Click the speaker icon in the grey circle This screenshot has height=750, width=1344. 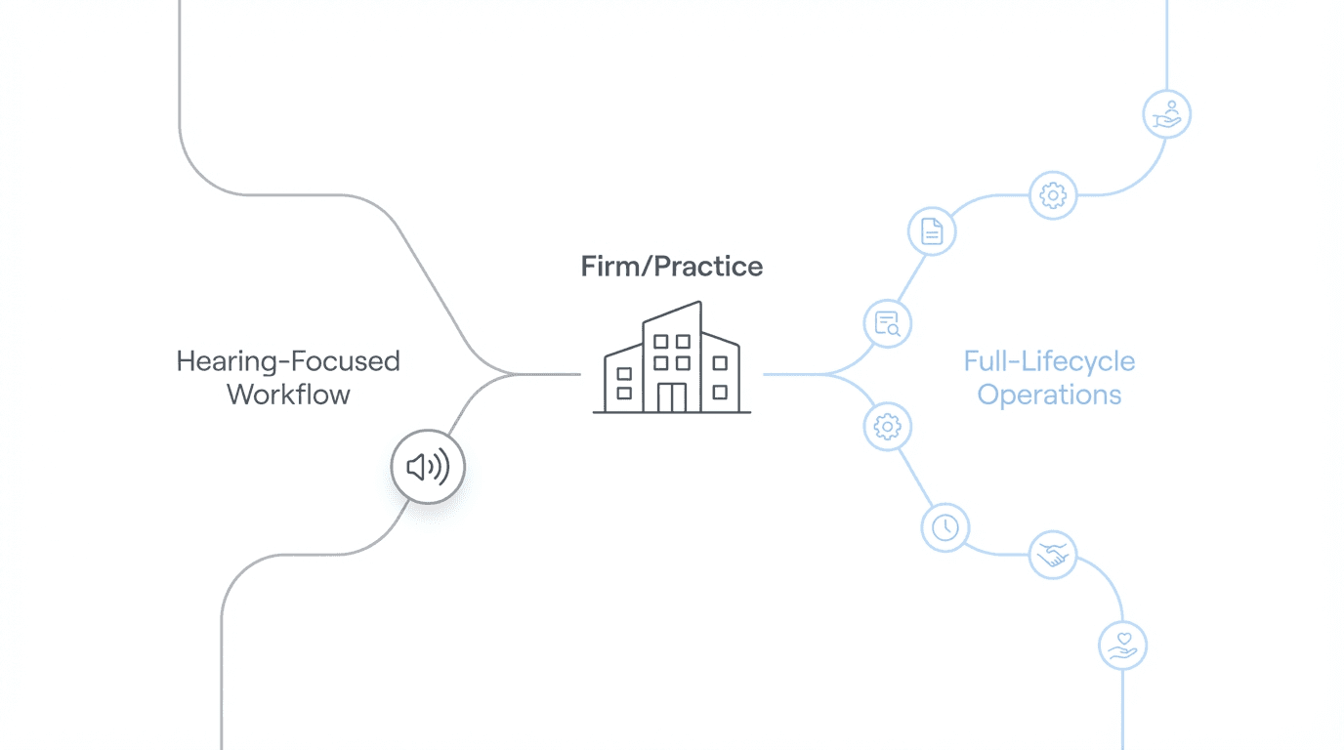coord(428,468)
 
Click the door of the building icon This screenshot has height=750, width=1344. coord(672,397)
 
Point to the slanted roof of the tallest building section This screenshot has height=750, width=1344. coord(672,312)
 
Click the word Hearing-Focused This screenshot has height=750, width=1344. coord(288,361)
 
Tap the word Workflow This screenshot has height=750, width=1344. coord(288,395)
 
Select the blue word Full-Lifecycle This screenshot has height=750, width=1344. coord(1049,361)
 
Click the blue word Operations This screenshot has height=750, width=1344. coord(1049,395)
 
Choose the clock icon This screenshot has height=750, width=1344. coord(945,528)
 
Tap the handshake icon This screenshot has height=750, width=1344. coord(1053,556)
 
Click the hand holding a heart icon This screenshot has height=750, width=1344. coord(1123,646)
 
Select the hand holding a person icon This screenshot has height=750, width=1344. coord(1166,114)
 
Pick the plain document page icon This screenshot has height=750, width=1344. coord(932,231)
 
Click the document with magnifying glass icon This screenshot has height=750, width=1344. coord(888,323)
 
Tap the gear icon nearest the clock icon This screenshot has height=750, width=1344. coord(888,427)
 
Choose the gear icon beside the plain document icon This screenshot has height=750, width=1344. coord(1053,195)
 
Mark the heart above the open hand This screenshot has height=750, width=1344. coord(1124,640)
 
